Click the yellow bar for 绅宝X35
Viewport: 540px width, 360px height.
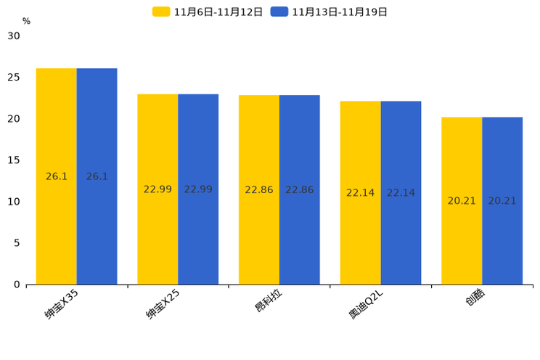57,176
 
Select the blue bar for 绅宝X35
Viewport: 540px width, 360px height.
97,176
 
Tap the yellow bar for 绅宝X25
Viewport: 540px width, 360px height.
157,189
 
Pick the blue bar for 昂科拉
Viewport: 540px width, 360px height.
300,190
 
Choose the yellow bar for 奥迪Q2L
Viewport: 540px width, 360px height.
360,193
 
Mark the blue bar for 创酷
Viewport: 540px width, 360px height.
502,201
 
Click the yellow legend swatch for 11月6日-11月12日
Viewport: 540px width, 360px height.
161,12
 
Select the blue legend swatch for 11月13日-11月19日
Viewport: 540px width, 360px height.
279,12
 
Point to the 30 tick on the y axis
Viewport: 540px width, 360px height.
14,36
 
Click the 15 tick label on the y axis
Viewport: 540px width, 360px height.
14,160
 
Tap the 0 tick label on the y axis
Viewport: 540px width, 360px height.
17,285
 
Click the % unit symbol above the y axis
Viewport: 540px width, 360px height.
27,21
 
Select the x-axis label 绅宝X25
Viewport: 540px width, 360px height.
163,305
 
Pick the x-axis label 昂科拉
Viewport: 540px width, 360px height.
269,300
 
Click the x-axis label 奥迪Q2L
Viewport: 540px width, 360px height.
365,305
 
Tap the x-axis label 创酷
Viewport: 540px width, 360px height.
475,297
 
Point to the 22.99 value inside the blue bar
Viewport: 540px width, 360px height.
198,189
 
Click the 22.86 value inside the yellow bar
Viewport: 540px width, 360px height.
259,190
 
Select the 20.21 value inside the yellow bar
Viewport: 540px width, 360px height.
462,201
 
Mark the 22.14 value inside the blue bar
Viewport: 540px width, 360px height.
401,193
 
